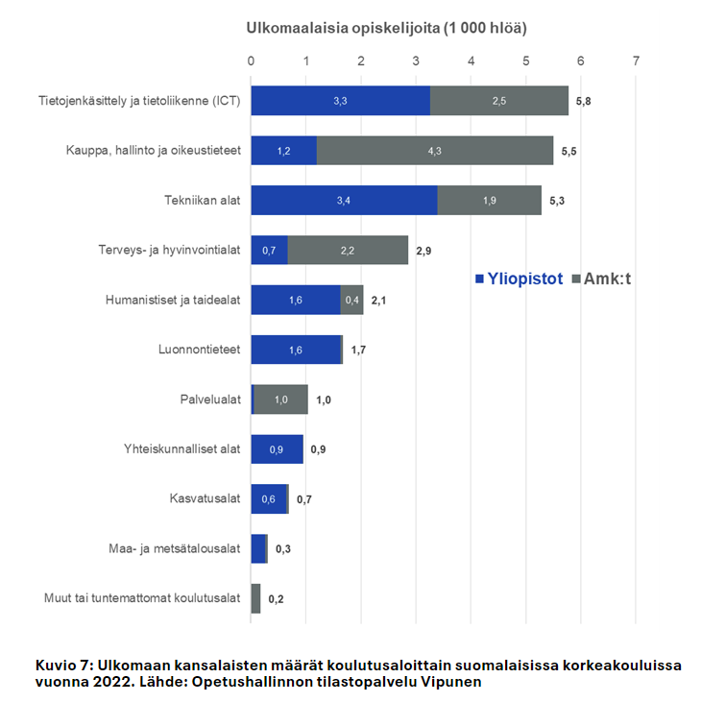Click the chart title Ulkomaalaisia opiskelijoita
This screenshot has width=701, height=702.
click(x=386, y=28)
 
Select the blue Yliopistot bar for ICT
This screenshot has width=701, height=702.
click(x=340, y=101)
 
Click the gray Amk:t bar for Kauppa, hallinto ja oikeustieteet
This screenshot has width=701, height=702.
click(x=434, y=151)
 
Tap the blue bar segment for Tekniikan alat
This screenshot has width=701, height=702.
click(x=344, y=201)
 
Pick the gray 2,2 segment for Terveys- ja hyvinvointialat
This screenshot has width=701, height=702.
click(x=348, y=251)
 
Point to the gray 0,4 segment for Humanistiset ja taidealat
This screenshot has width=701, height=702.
click(x=352, y=301)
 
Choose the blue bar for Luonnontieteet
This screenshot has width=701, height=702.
click(x=296, y=350)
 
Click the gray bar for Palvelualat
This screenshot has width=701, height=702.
click(x=281, y=399)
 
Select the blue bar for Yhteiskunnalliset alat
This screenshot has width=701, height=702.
click(x=277, y=449)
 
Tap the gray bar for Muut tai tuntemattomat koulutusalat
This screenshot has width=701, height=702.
click(x=255, y=598)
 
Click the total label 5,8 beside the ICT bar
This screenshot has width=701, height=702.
click(x=583, y=101)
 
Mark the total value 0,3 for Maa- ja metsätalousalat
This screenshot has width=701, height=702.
click(x=284, y=549)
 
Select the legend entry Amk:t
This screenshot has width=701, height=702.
click(x=603, y=278)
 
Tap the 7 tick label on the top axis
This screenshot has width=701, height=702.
click(x=636, y=61)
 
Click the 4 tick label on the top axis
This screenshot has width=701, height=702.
click(x=471, y=61)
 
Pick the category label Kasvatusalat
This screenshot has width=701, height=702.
click(x=204, y=499)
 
